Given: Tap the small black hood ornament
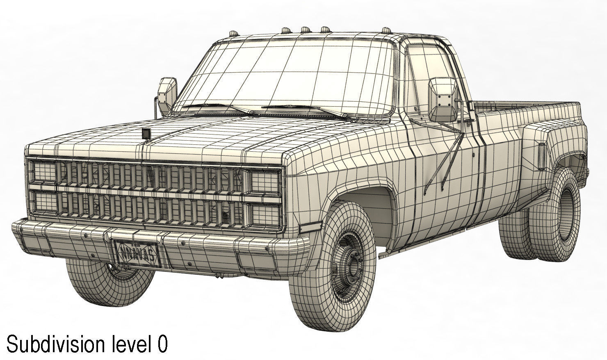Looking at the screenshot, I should point(146,134).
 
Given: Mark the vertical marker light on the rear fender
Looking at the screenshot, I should point(541,157).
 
